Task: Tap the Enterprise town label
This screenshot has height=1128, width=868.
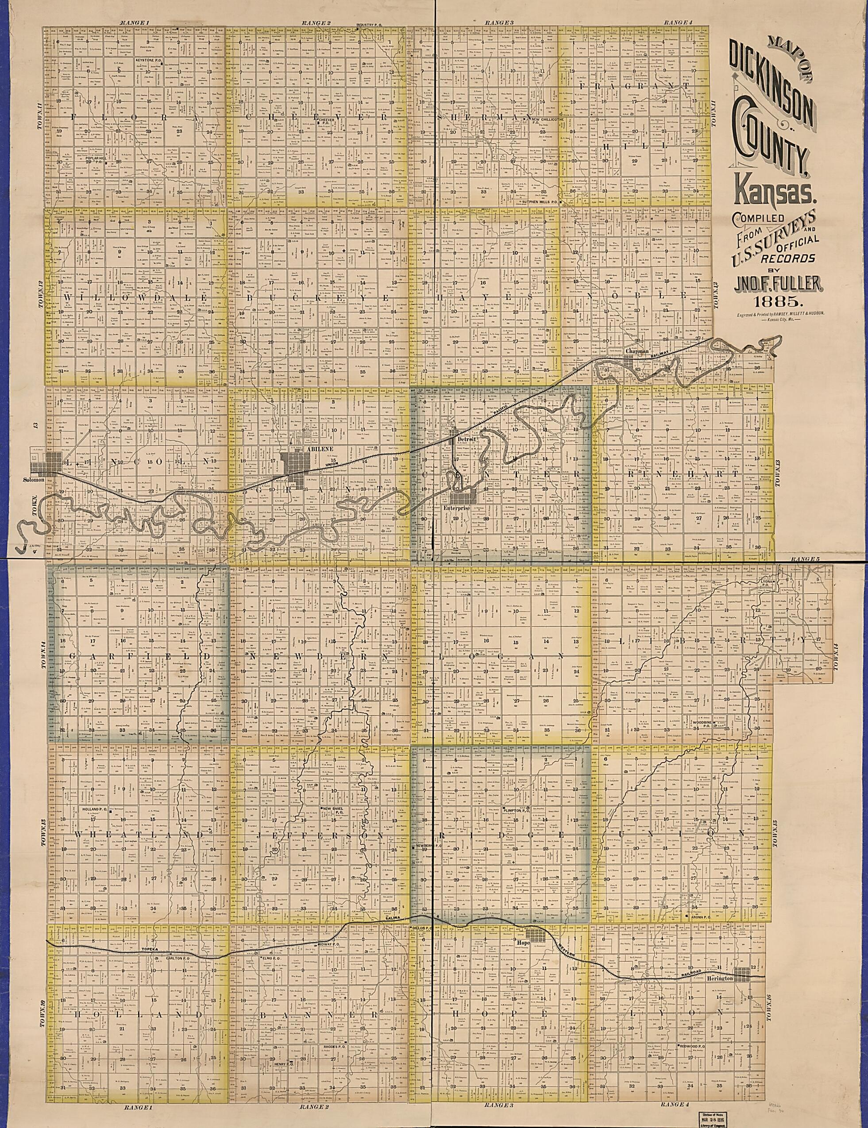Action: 457,508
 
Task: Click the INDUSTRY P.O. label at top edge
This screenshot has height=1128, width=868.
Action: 368,24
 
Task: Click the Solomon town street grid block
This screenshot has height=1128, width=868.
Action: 46,462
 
